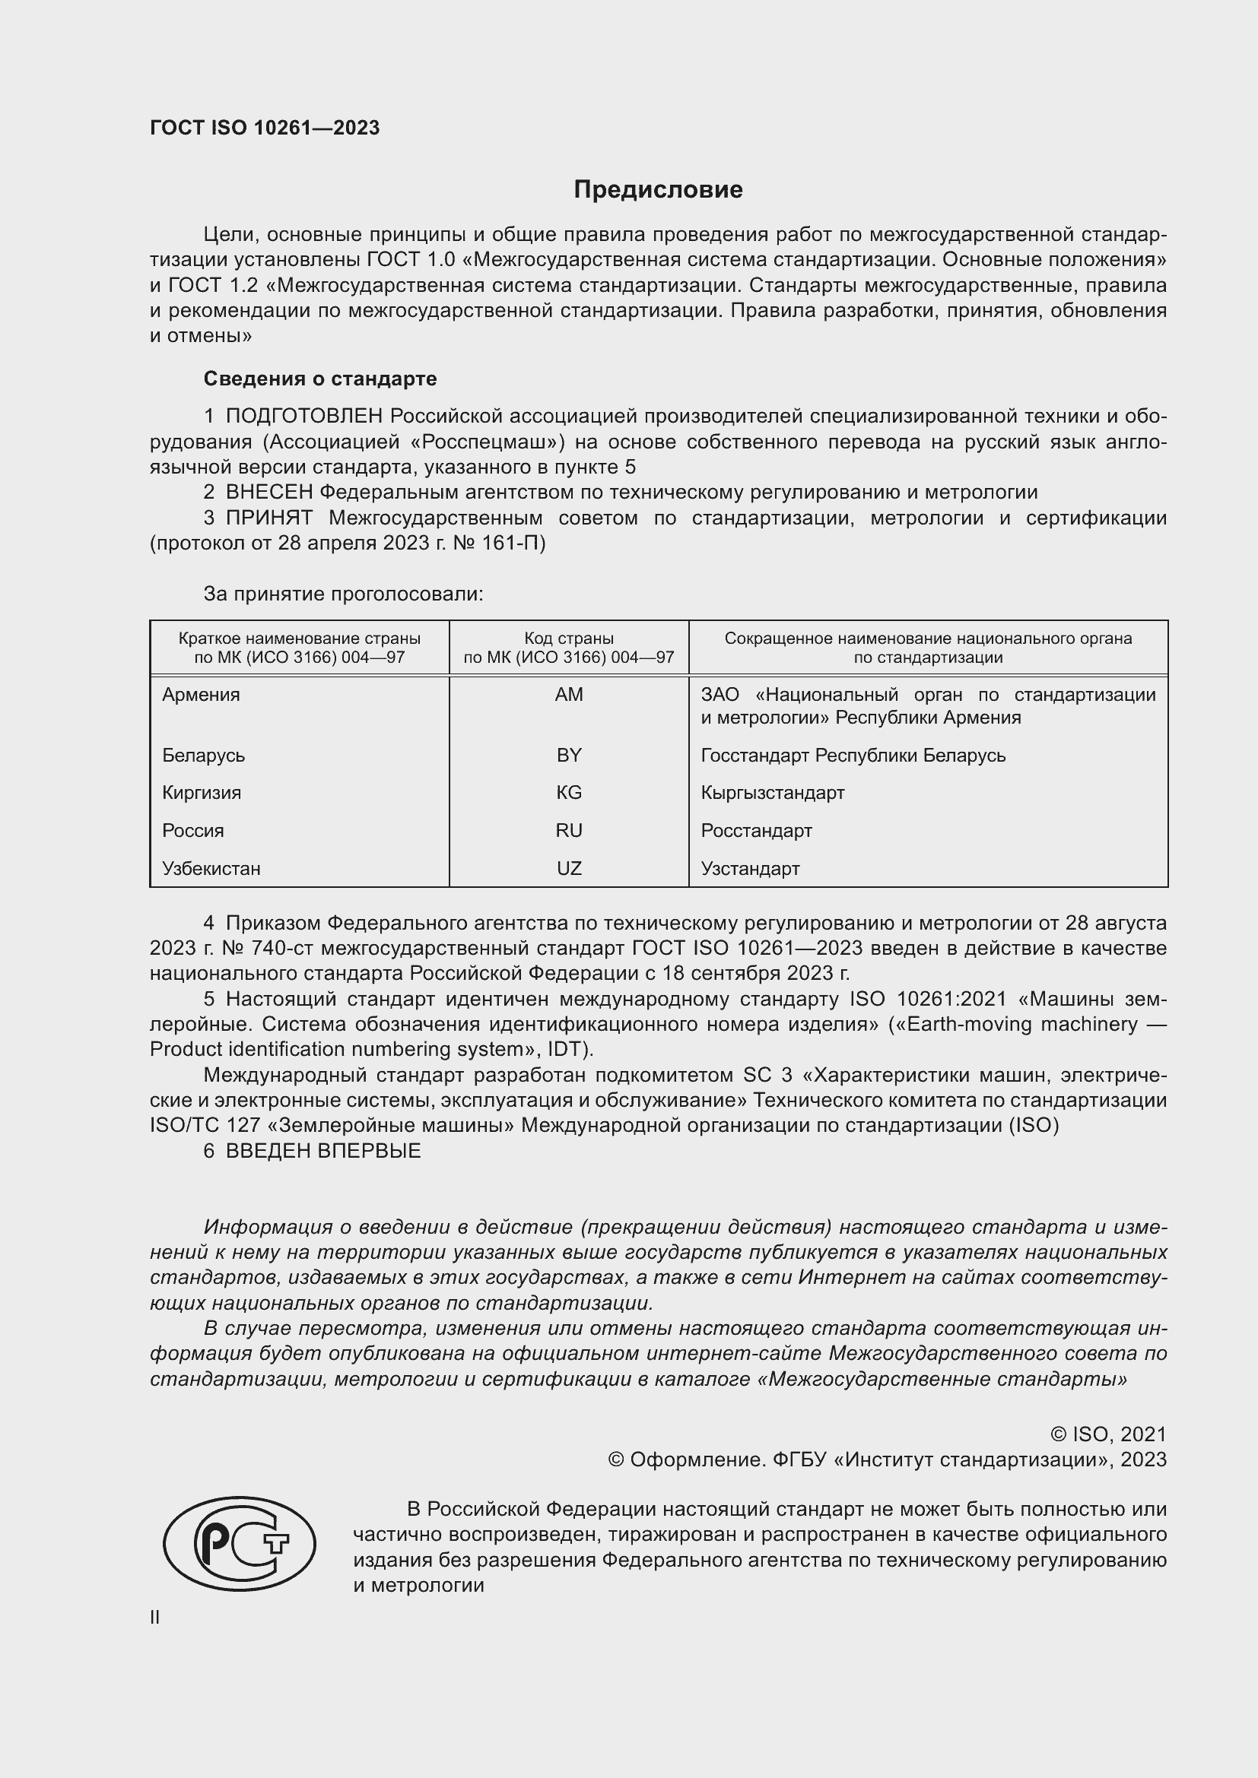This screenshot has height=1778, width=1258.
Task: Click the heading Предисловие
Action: tap(658, 189)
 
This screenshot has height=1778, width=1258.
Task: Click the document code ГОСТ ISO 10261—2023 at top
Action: tap(264, 128)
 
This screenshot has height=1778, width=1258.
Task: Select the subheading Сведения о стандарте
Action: tap(320, 379)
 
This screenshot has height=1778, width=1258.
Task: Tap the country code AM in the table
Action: tap(569, 695)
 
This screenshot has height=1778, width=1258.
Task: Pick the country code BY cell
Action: tap(569, 755)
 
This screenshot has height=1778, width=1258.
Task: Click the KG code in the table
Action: tap(569, 792)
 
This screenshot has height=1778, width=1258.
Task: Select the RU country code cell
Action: tap(569, 830)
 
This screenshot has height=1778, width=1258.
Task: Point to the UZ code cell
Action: tap(569, 868)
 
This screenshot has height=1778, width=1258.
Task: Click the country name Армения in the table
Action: tap(202, 695)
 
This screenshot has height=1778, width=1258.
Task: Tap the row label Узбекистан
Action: tap(211, 868)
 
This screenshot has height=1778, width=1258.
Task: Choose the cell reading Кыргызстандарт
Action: tap(772, 792)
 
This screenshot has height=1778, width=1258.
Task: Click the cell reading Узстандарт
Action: tap(750, 868)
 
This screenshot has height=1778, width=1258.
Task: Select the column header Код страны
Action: tap(569, 639)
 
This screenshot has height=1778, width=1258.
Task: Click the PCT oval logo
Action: tap(240, 1543)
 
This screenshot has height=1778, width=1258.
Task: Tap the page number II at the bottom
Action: tap(155, 1617)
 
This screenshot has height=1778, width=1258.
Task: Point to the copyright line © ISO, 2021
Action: tap(1107, 1434)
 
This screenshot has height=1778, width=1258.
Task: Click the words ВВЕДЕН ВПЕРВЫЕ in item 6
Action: tap(323, 1150)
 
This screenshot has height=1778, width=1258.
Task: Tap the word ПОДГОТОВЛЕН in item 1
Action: tap(303, 416)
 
